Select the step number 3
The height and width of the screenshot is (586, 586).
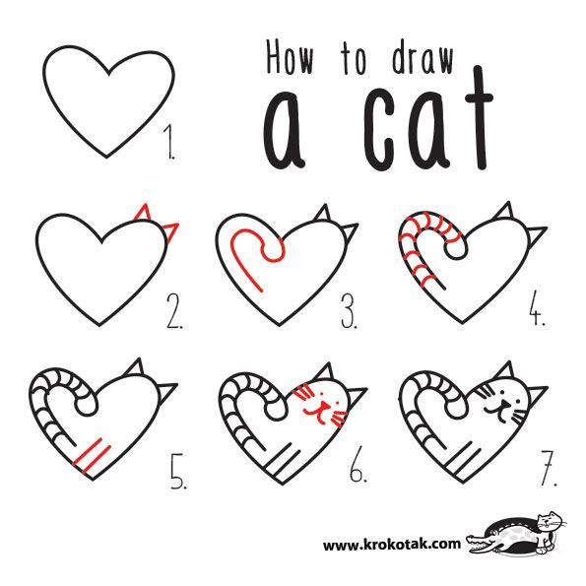[350, 314]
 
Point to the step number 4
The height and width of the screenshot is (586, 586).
[536, 314]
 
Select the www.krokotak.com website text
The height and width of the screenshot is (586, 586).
[391, 543]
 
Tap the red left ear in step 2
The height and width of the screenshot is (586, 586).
[144, 214]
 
